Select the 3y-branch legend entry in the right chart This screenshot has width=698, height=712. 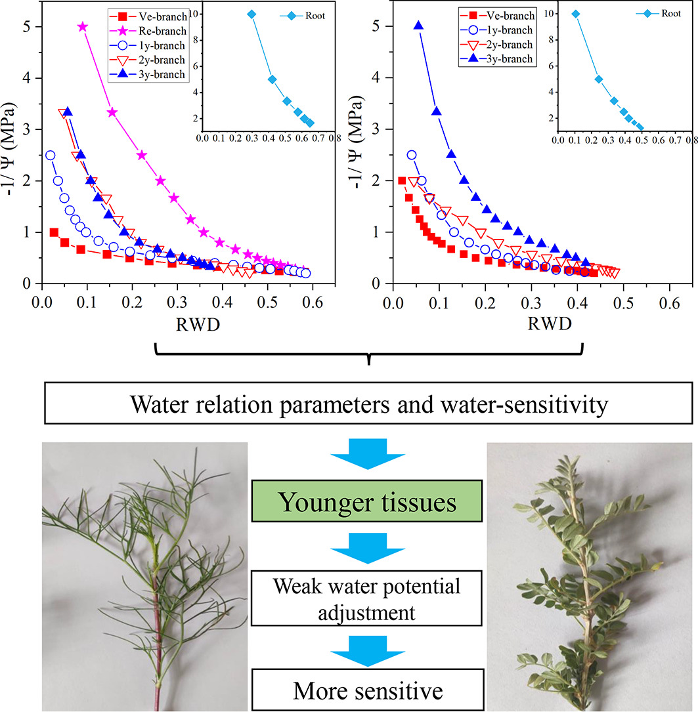pos(500,59)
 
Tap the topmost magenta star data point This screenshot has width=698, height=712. pos(82,26)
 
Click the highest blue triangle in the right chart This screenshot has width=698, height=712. pos(418,26)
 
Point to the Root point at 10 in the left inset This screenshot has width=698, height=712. pos(251,14)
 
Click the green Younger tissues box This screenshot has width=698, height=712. pos(366,503)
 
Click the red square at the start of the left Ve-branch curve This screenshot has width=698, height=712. pos(54,232)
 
